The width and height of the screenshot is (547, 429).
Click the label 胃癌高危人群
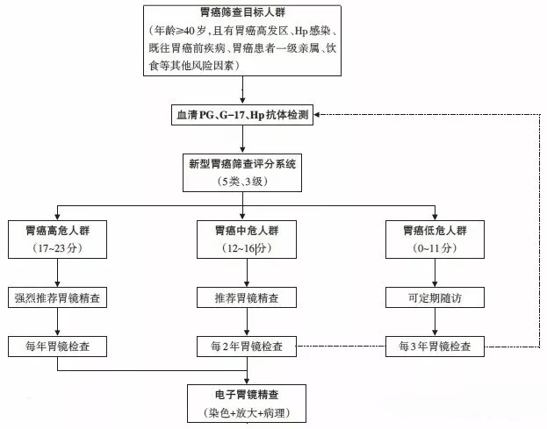pos(58,232)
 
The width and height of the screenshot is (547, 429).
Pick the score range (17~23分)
pos(58,249)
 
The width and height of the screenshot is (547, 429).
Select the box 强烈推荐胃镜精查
pos(58,298)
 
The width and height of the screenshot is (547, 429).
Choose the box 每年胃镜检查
pos(58,346)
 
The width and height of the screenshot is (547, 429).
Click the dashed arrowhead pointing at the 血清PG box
pos(320,117)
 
